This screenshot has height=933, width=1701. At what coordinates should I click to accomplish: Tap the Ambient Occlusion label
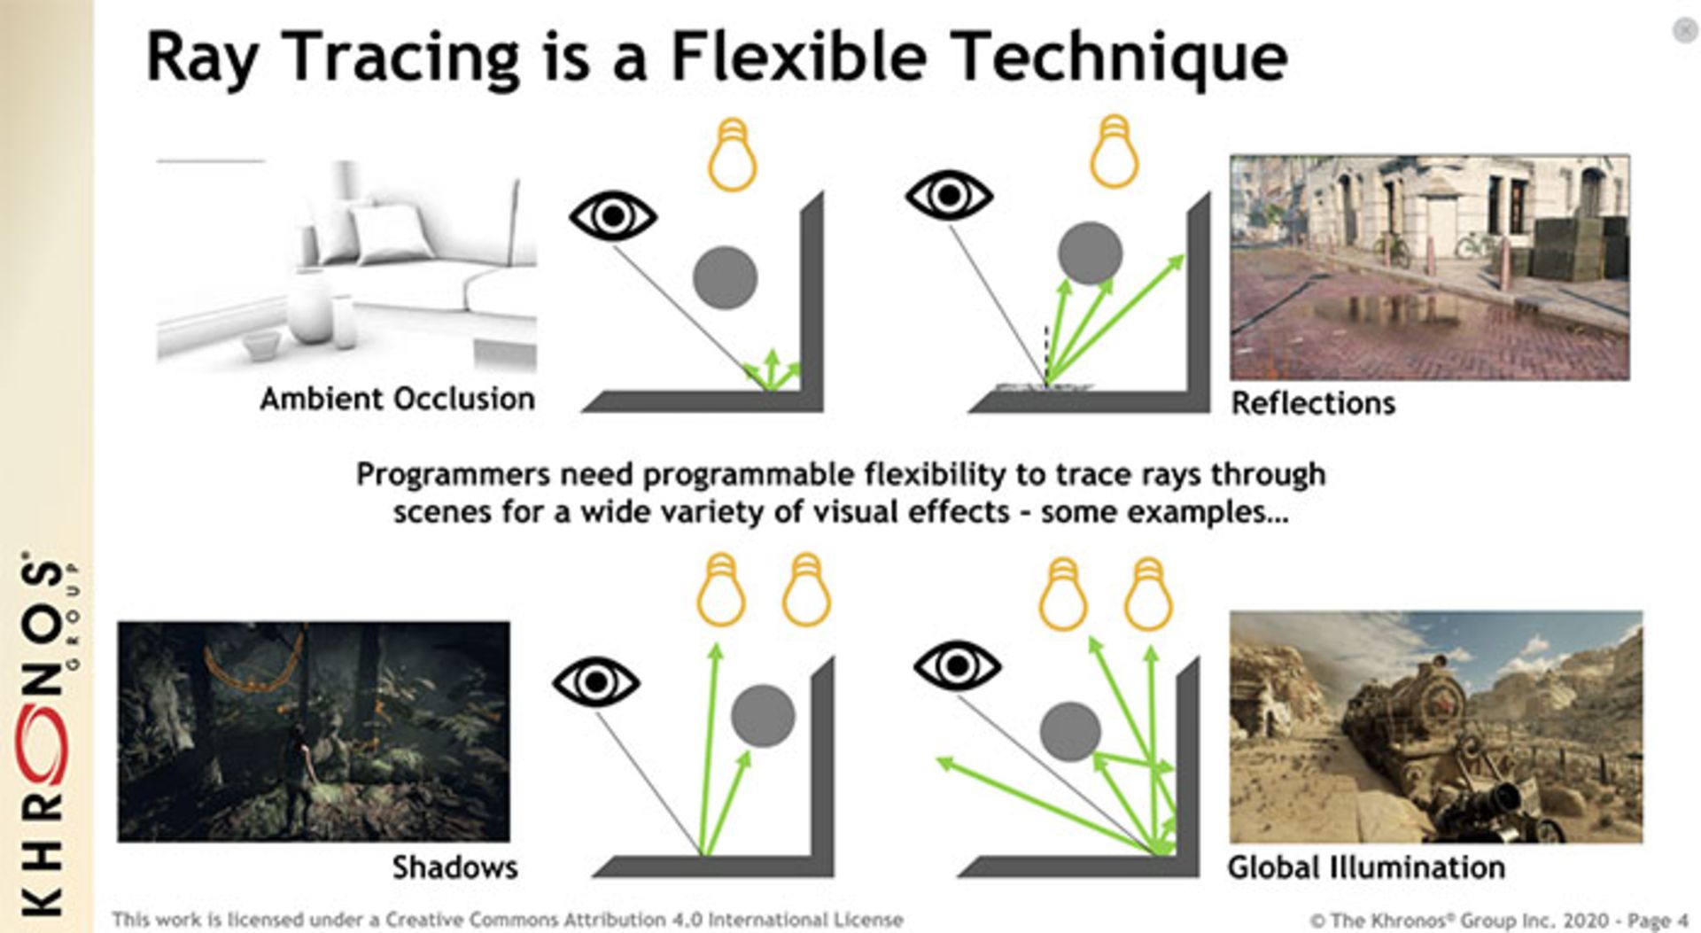[397, 400]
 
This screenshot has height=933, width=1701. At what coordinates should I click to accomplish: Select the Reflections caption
[1313, 404]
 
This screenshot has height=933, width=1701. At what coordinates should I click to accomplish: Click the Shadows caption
[454, 867]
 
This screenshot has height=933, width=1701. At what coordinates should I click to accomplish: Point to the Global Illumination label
[1365, 867]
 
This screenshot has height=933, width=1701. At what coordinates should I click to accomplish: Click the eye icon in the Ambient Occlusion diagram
[612, 216]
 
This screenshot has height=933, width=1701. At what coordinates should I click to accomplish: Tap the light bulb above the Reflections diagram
[1114, 152]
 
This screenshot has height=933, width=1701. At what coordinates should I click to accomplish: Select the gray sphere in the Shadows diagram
[763, 716]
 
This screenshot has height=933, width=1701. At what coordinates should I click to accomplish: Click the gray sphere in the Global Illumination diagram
[1070, 732]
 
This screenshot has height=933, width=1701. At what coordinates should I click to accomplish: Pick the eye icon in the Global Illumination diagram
[957, 666]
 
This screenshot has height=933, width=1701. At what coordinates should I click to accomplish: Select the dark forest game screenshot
[314, 732]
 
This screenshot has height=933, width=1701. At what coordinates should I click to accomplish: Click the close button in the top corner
[1684, 31]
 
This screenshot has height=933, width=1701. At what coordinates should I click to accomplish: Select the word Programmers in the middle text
[453, 475]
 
